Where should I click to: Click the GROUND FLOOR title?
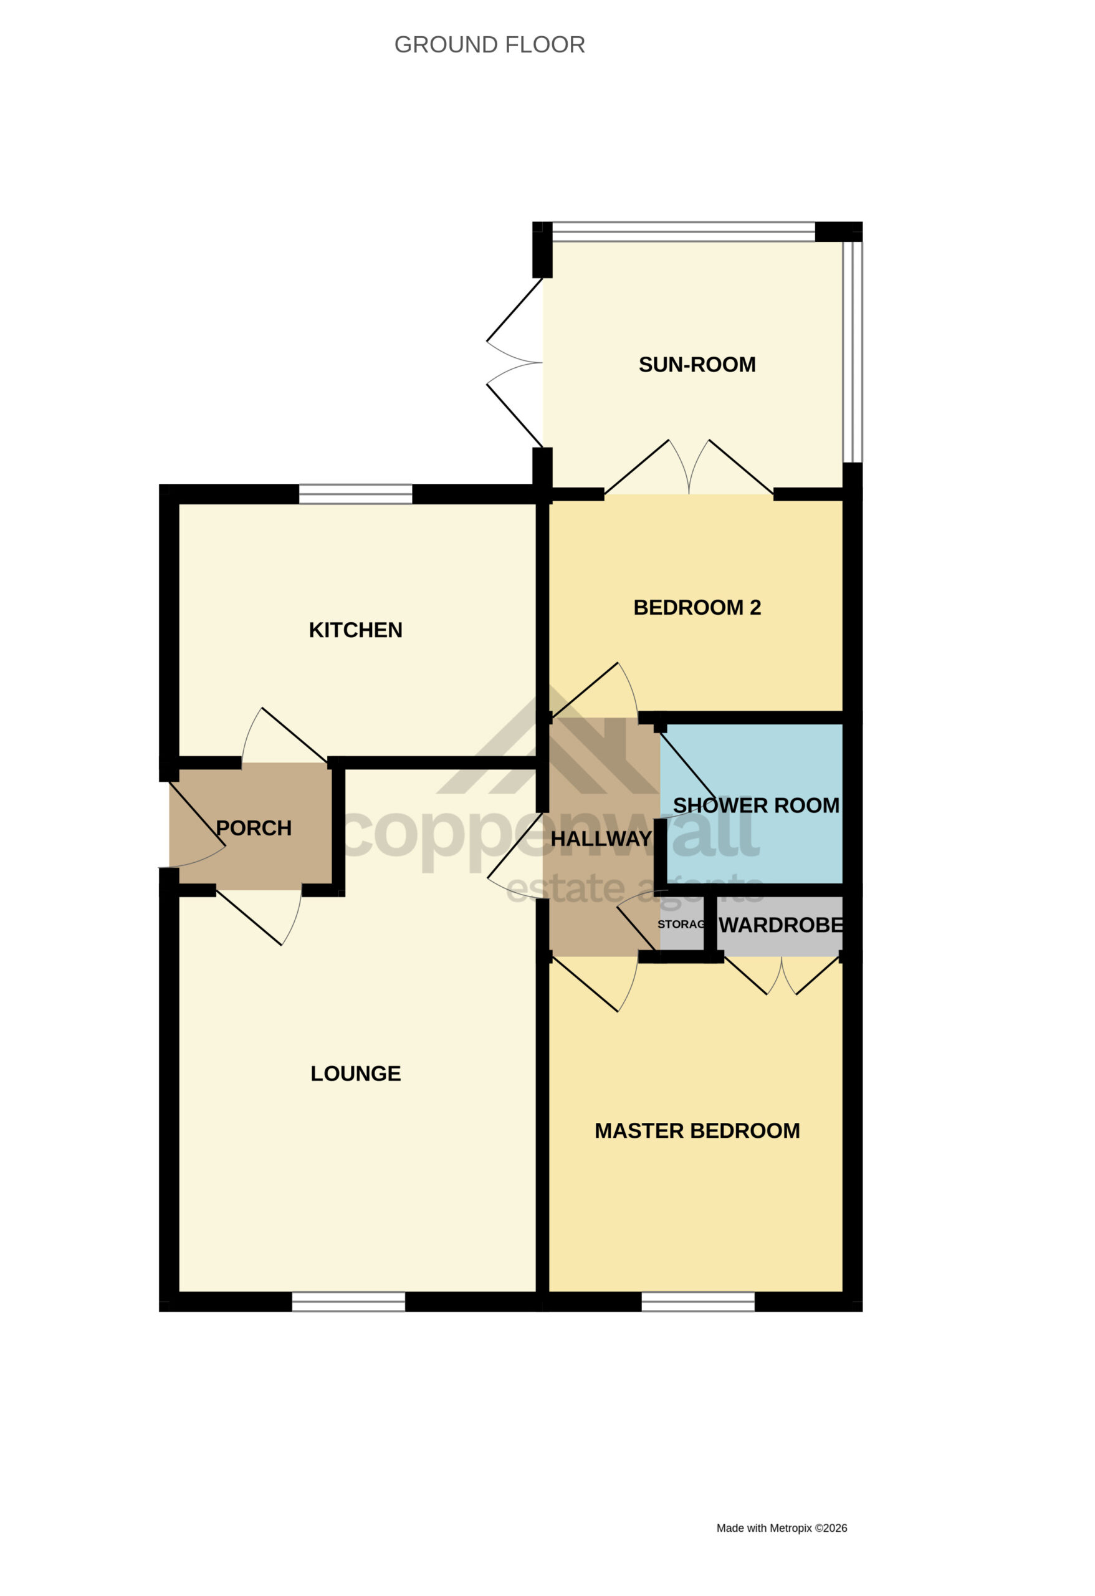[x=489, y=45]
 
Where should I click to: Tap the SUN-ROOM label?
[x=697, y=365]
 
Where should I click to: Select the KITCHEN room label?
[x=356, y=630]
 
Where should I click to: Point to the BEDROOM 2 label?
[x=697, y=607]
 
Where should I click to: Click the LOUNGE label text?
[x=356, y=1074]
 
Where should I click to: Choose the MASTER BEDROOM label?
[x=697, y=1131]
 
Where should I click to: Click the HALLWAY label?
[x=601, y=839]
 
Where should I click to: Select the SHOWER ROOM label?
[x=756, y=805]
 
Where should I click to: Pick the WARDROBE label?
[x=780, y=925]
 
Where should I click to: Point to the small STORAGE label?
[x=682, y=925]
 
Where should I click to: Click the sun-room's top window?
[x=684, y=231]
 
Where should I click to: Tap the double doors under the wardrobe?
[x=782, y=976]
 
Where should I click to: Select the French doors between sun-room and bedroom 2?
[x=689, y=467]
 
